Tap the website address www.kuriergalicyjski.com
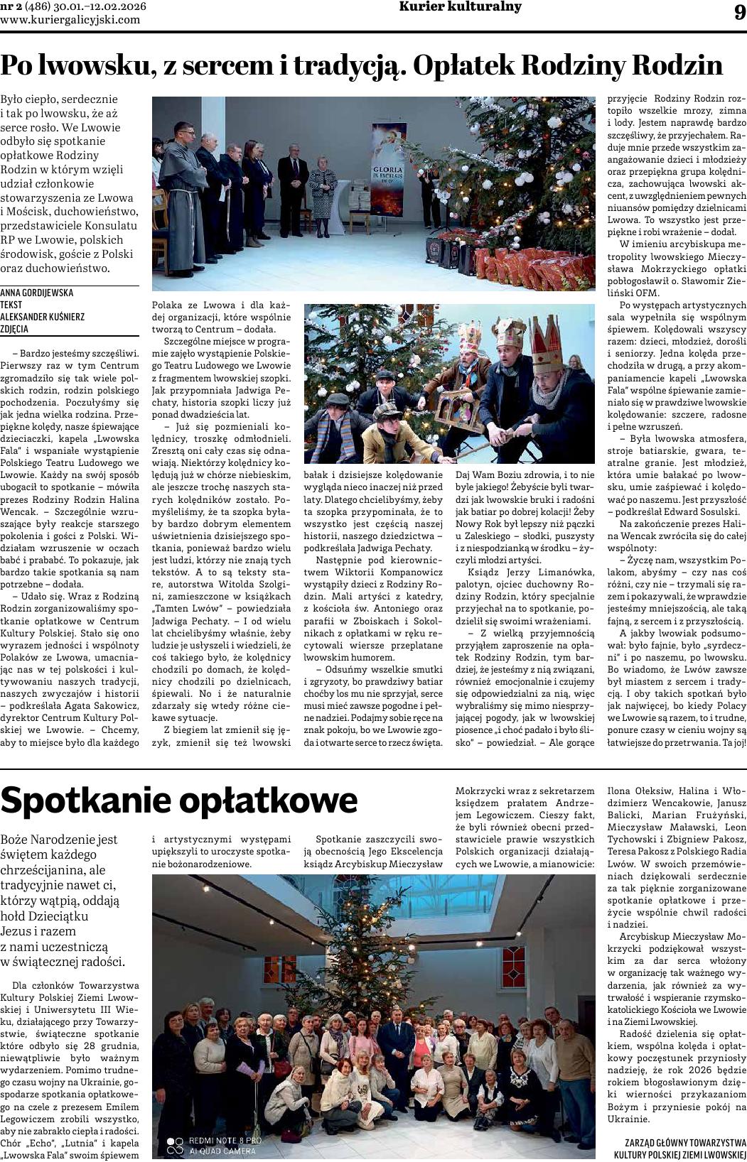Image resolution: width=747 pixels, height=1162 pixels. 70,20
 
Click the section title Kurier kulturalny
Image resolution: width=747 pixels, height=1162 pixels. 460,7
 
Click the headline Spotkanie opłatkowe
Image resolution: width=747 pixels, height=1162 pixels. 179,800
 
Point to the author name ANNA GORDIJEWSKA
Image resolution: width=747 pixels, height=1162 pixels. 37,293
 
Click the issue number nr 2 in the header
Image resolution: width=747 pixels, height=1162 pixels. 11,7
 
